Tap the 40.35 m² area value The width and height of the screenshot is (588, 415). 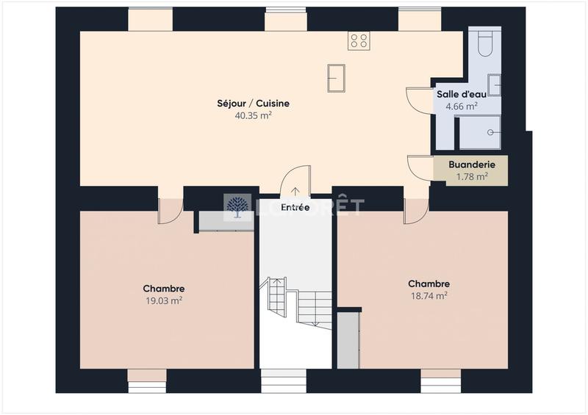coord(253,115)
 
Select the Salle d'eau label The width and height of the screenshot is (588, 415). coord(461,94)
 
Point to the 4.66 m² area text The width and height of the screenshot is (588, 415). coord(461,106)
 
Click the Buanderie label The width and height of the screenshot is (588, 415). coord(472,165)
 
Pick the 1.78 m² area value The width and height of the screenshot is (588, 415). coord(472,176)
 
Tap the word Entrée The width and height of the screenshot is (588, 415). coord(295,208)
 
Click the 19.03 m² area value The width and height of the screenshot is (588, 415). coord(163,300)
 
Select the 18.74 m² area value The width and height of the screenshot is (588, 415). coord(429,295)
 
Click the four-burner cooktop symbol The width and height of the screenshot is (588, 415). coord(359,40)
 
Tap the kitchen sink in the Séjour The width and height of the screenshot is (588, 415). coord(337,78)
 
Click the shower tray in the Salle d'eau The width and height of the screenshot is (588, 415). coord(479,131)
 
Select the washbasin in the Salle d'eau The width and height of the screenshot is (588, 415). coord(494,85)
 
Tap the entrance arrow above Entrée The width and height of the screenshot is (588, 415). coord(295,193)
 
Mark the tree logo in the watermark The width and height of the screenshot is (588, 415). coord(237,207)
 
